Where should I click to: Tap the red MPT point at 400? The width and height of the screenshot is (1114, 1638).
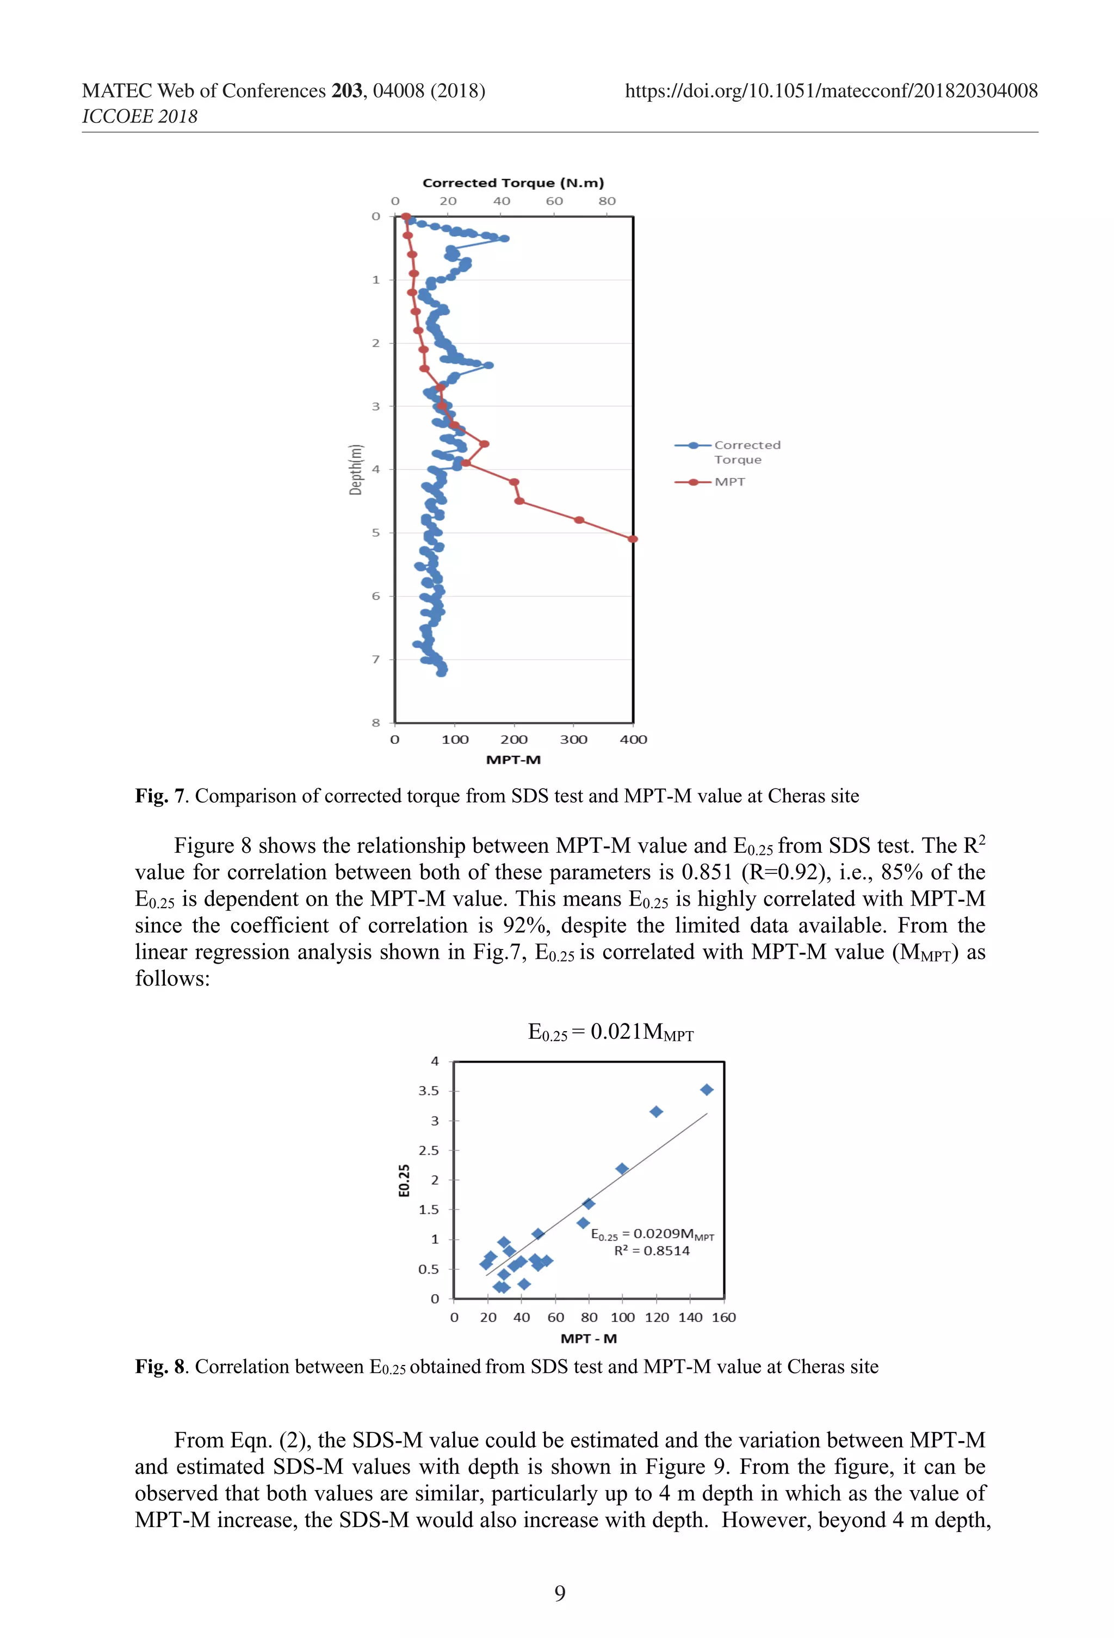tap(633, 538)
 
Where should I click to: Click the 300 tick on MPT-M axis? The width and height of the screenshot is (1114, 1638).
tap(573, 740)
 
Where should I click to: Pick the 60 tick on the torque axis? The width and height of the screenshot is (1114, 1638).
tap(554, 201)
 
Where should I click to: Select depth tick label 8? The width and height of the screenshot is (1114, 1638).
tap(376, 722)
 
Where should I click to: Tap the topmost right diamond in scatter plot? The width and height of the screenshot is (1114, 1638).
tap(707, 1090)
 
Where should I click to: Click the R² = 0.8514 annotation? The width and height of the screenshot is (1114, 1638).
tap(652, 1250)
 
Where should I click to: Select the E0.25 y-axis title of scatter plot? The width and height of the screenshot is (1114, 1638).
tap(404, 1180)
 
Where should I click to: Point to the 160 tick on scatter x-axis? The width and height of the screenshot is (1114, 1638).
tap(723, 1317)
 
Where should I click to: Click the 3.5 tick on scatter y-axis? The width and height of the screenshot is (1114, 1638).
tap(428, 1090)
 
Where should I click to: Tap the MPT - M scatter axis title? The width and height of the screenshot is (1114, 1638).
tap(588, 1338)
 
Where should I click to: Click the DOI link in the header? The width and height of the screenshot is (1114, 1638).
tap(831, 91)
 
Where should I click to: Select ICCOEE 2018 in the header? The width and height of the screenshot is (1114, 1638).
tap(140, 116)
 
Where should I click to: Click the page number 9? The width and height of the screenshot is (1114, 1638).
tap(560, 1593)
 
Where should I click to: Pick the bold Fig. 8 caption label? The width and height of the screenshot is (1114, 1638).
tap(159, 1367)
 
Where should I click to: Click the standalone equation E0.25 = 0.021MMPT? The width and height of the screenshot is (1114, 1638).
tap(611, 1033)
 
